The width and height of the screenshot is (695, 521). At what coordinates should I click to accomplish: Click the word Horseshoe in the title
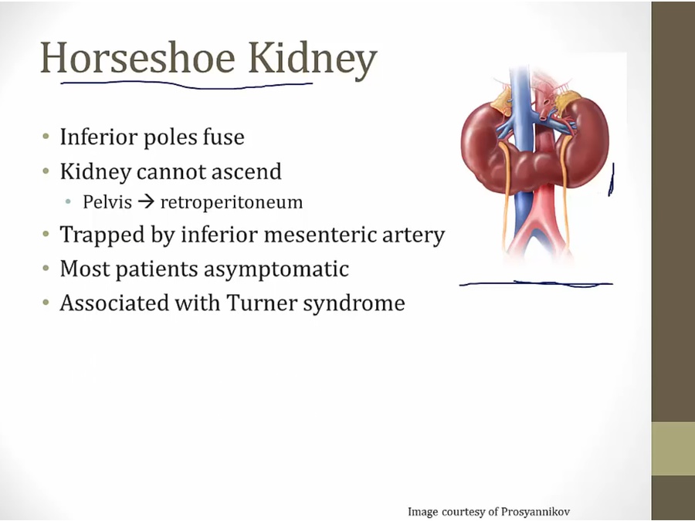tap(138, 58)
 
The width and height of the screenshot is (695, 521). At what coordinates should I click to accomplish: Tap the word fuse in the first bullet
tap(224, 137)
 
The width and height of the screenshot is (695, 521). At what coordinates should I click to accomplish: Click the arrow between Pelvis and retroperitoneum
tap(146, 202)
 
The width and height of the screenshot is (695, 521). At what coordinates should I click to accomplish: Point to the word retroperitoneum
tap(232, 202)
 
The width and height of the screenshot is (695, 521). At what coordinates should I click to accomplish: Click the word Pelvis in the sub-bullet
tap(107, 201)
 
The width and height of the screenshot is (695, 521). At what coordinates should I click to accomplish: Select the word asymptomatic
tap(276, 269)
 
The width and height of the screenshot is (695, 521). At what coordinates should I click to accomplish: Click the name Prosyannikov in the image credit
tap(535, 512)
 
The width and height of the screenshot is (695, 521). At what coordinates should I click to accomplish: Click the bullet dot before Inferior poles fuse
tap(46, 136)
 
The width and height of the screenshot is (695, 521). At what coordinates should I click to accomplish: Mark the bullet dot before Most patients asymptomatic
tap(46, 268)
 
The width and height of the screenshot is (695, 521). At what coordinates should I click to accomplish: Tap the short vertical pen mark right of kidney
tap(612, 179)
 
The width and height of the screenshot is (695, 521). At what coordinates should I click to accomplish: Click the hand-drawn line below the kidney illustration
tap(536, 283)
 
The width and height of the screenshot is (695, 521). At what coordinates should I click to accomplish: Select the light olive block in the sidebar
tap(673, 448)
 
